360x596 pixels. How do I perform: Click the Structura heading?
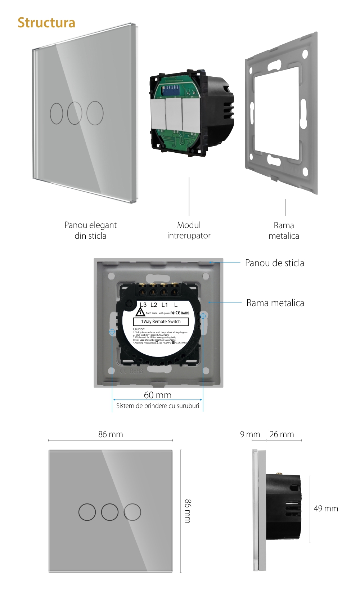point(46,23)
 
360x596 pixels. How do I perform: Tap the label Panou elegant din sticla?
point(90,230)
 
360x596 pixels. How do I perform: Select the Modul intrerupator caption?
point(189,230)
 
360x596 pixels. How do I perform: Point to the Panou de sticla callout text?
point(274,263)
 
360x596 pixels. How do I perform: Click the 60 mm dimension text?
point(158,395)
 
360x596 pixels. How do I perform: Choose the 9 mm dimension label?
point(250,434)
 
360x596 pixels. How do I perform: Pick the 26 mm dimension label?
point(282,434)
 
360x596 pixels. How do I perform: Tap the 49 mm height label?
point(326,508)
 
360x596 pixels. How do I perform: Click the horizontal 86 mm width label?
point(111,434)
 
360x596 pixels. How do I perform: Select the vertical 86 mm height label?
point(188,511)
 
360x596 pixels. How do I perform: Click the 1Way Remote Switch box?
point(161,322)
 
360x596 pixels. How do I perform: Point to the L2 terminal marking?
point(154,305)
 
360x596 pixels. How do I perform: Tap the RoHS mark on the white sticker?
point(185,313)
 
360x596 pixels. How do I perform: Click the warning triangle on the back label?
point(140,312)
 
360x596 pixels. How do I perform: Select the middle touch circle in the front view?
point(110,512)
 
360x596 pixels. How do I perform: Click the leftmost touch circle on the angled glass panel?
point(57,114)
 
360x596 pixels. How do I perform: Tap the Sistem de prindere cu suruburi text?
point(157,406)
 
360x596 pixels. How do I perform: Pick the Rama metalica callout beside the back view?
point(275,303)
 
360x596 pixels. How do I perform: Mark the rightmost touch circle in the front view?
point(132,512)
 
